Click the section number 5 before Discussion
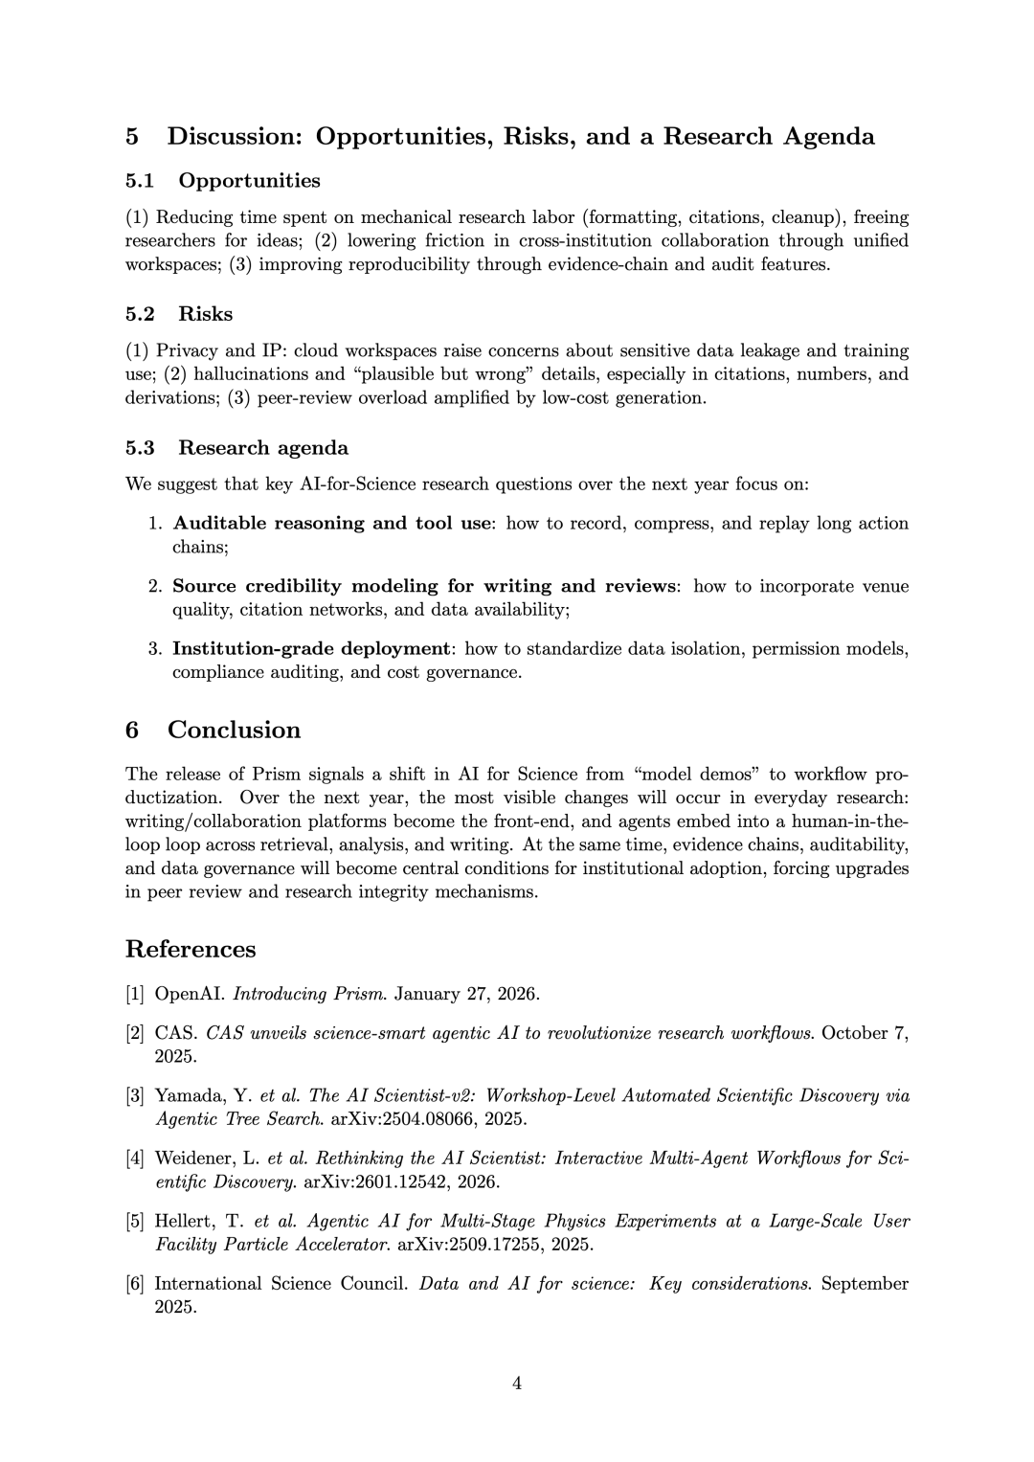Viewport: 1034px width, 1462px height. click(132, 137)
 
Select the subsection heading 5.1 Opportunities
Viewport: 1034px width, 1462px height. click(222, 181)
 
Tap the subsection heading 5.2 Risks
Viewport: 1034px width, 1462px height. click(179, 315)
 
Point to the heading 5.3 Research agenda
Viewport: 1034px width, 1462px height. click(236, 448)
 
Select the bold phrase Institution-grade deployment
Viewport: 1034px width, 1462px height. click(311, 649)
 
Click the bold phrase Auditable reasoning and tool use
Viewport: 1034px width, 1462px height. click(332, 524)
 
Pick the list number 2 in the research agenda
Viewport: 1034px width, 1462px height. click(153, 586)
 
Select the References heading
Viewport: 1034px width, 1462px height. click(191, 950)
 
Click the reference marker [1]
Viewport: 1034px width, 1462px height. click(135, 994)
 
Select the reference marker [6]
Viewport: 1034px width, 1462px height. click(135, 1284)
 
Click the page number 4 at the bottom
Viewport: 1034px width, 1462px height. click(517, 1383)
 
